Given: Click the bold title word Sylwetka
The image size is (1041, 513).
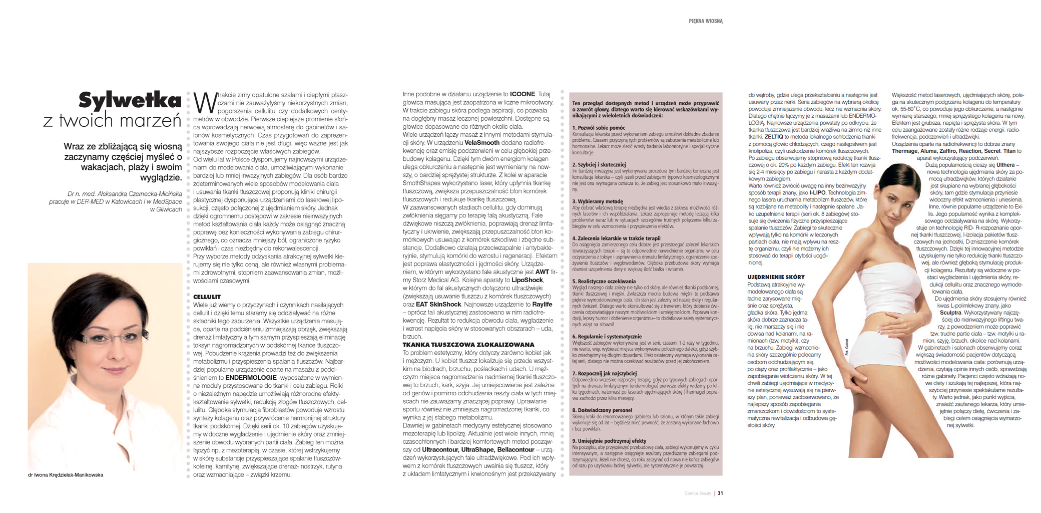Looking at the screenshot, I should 130,101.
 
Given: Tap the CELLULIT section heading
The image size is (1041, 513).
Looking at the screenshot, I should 207,297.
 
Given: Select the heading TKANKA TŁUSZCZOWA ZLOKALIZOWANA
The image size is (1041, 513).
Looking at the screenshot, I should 468,345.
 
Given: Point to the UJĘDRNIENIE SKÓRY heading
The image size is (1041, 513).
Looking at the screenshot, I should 776,277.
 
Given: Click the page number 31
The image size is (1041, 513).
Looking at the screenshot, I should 720,493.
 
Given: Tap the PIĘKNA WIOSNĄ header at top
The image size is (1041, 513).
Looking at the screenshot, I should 706,21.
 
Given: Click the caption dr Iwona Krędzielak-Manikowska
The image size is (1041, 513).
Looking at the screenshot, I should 66,475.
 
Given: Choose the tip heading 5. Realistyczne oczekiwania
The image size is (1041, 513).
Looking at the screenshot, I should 604,281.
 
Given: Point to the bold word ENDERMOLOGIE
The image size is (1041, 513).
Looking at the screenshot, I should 251,378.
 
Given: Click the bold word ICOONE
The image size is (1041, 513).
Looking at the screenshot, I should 523,94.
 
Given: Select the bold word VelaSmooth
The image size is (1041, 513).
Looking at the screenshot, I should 482,143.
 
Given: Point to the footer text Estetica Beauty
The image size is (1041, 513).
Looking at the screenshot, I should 698,493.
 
